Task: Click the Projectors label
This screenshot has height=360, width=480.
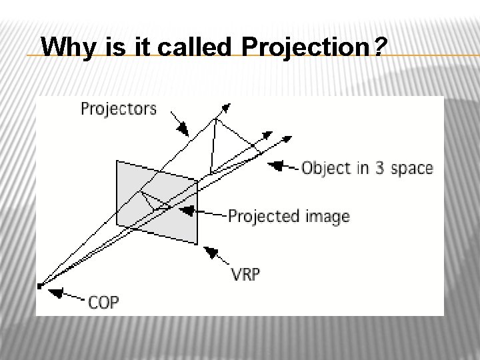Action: coord(119,109)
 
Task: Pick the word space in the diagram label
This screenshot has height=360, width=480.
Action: coord(411,169)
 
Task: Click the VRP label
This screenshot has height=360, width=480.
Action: coord(245,274)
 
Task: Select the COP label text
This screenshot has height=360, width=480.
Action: coord(103,302)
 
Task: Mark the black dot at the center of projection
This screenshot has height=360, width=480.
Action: coord(40,286)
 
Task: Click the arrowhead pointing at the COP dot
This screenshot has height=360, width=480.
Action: coord(57,292)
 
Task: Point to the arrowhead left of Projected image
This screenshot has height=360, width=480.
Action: coord(188,211)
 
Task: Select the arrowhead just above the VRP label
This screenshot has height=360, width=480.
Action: coord(211,253)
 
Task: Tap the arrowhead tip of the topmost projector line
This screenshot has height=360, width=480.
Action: coord(228,105)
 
